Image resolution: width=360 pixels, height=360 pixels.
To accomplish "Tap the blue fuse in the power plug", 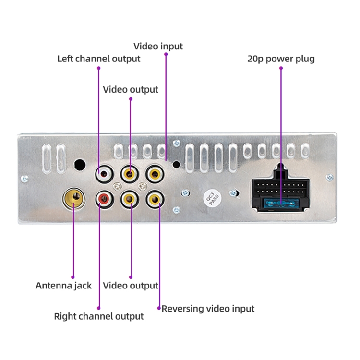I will tap(280, 204).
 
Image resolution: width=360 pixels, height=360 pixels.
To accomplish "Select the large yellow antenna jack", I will tap(73, 196).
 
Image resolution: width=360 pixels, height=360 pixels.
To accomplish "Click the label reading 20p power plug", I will tap(281, 59).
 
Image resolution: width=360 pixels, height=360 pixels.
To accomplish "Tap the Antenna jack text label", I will tap(63, 286).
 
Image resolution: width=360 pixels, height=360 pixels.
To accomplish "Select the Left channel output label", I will tap(99, 59).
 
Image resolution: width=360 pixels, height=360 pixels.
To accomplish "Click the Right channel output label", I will tap(98, 316).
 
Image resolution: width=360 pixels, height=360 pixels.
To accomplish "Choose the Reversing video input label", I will tap(208, 308).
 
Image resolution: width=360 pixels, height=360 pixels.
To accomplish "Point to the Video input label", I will tap(158, 46).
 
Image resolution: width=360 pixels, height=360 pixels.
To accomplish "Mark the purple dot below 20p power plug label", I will tap(281, 68).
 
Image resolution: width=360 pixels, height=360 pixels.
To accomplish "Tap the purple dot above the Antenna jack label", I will tap(73, 276).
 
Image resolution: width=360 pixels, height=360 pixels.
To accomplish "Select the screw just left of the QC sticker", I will tap(185, 193).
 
